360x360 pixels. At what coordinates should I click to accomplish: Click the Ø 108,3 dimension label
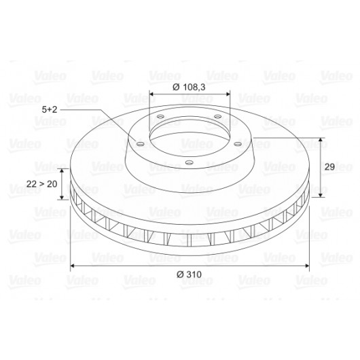[x=189, y=87]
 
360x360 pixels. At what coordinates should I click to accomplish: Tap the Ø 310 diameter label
[x=189, y=274]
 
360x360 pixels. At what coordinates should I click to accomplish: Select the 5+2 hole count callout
[x=50, y=109]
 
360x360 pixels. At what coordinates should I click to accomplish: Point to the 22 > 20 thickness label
[x=42, y=184]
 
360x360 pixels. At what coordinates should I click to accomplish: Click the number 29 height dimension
[x=329, y=167]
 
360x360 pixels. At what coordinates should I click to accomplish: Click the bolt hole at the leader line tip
[x=141, y=144]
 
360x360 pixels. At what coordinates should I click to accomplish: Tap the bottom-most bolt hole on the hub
[x=190, y=163]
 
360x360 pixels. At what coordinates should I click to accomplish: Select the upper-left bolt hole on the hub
[x=160, y=117]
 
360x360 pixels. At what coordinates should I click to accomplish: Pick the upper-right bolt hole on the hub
[x=218, y=117]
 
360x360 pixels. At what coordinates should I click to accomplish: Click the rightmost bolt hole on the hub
[x=238, y=144]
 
